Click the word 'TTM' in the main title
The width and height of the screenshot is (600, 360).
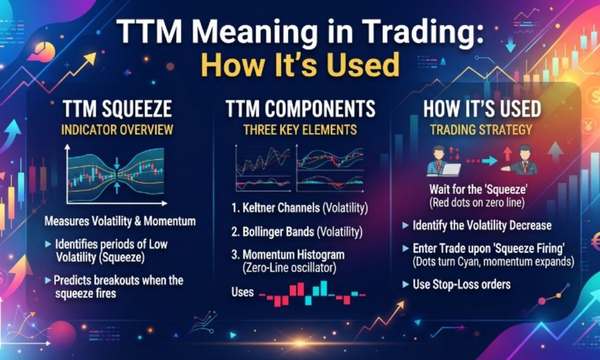click(x=149, y=32)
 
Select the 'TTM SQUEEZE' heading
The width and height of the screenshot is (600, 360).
click(x=117, y=108)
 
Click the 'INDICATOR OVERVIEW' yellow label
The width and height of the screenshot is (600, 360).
click(x=117, y=130)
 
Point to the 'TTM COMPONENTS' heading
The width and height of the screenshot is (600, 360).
click(x=301, y=108)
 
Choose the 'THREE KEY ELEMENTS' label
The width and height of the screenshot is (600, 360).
click(x=301, y=130)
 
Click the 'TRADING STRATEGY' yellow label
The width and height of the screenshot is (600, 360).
click(x=481, y=130)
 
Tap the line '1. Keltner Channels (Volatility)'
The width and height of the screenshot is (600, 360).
click(x=299, y=208)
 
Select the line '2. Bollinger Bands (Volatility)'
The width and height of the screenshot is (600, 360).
click(x=296, y=232)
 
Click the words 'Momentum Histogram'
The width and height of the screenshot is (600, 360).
click(x=294, y=254)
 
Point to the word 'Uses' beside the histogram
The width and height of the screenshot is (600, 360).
click(x=243, y=292)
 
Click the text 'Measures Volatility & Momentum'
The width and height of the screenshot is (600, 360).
click(x=120, y=221)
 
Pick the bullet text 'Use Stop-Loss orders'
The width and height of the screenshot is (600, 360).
click(x=462, y=284)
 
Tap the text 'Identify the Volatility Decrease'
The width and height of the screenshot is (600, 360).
click(x=482, y=225)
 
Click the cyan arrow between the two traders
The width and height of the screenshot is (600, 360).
click(x=490, y=161)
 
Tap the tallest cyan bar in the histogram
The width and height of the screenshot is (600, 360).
click(x=323, y=288)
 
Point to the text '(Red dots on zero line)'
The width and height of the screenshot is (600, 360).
click(x=476, y=202)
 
